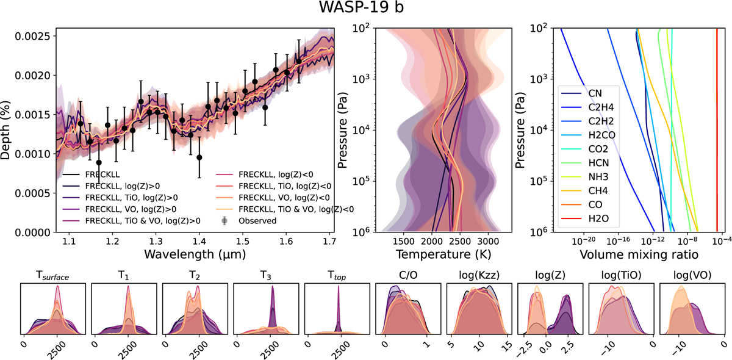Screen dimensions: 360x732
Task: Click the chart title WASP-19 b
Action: [366, 10]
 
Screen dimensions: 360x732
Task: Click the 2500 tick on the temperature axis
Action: [459, 239]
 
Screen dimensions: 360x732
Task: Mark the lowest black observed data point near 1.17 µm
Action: [99, 162]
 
